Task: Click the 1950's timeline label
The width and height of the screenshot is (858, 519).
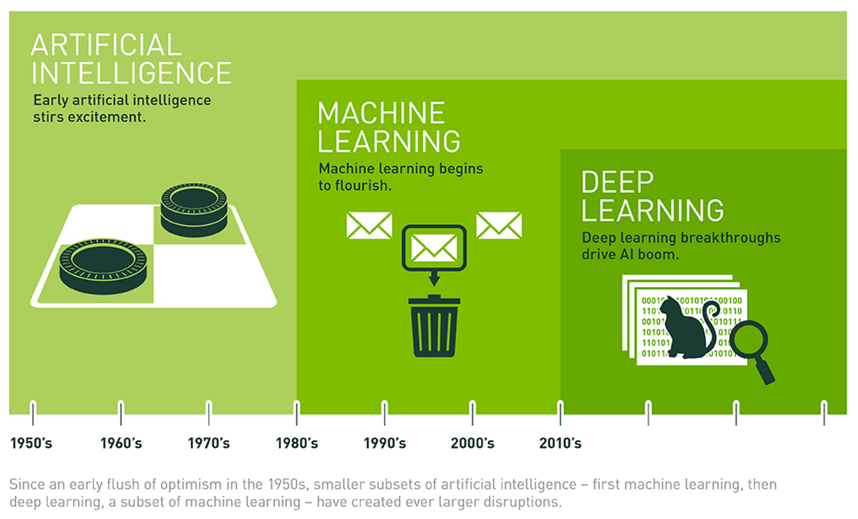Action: pyautogui.click(x=31, y=443)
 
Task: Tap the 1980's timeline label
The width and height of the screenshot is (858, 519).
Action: pyautogui.click(x=297, y=443)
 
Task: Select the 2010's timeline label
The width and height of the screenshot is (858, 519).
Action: pyautogui.click(x=560, y=443)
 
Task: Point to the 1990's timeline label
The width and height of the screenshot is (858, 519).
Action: pyautogui.click(x=385, y=443)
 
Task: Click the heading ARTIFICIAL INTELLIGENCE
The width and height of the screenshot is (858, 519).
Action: pyautogui.click(x=131, y=59)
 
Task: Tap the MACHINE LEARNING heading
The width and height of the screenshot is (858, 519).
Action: pyautogui.click(x=389, y=127)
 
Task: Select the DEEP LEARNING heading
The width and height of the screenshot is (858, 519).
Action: pyautogui.click(x=652, y=195)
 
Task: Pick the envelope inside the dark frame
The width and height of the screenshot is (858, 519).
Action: pyautogui.click(x=435, y=248)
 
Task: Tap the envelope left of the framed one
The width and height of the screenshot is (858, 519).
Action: pyautogui.click(x=369, y=225)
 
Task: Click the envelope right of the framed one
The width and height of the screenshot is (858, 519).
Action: pyautogui.click(x=499, y=225)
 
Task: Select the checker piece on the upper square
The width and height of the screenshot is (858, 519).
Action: pyautogui.click(x=194, y=206)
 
